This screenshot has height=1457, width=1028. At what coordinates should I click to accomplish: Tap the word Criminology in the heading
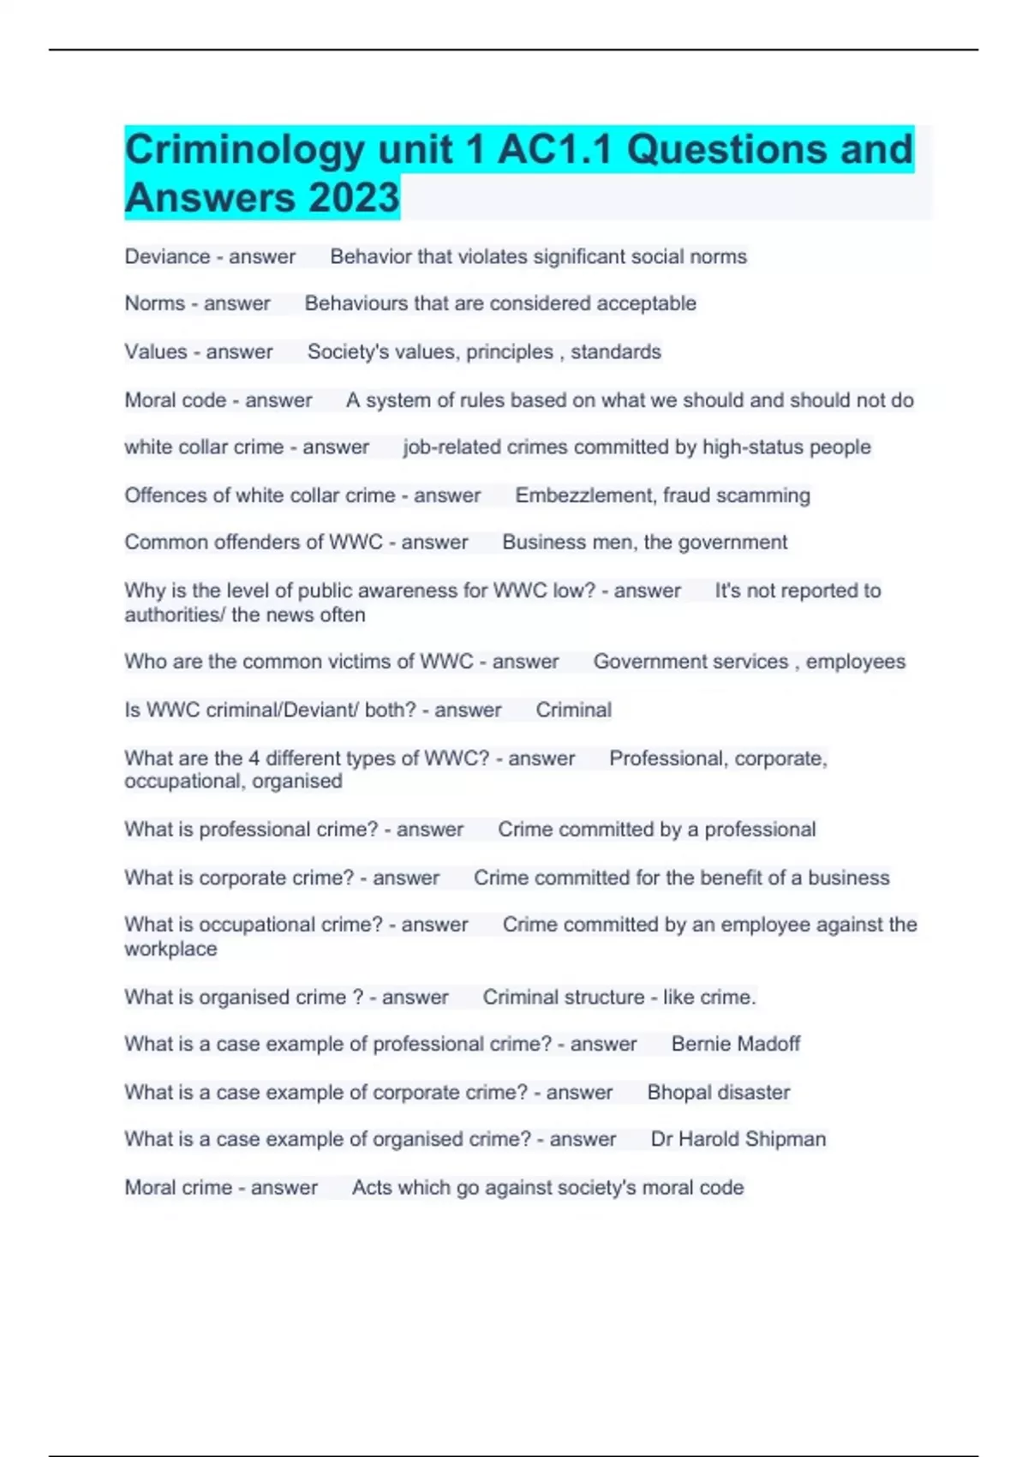pyautogui.click(x=245, y=149)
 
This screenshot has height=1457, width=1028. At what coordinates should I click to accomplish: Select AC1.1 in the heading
pyautogui.click(x=555, y=149)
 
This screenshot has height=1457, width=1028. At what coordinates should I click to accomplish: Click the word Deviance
pyautogui.click(x=167, y=256)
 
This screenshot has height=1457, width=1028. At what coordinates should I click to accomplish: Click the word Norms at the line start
pyautogui.click(x=154, y=303)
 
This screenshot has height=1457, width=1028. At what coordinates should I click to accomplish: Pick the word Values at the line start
pyautogui.click(x=155, y=351)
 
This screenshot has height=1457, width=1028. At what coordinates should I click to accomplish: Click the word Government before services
pyautogui.click(x=646, y=662)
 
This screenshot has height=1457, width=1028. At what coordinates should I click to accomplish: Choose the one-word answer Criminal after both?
pyautogui.click(x=573, y=710)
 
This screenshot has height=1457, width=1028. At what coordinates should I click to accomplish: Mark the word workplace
pyautogui.click(x=170, y=949)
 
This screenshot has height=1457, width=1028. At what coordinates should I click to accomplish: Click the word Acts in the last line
pyautogui.click(x=371, y=1188)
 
